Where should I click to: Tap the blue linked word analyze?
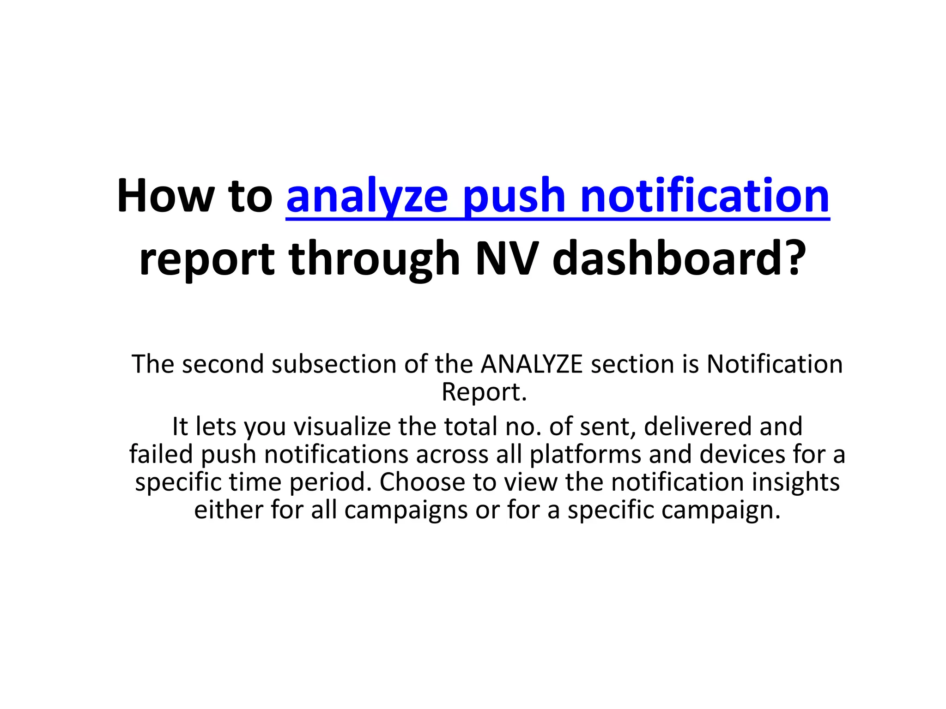point(367,197)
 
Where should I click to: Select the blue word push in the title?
point(514,197)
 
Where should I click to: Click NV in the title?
point(507,258)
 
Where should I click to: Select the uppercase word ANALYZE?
point(532,364)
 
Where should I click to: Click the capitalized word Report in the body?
point(484,392)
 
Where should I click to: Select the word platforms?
point(585,454)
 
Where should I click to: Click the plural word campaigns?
point(406,511)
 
